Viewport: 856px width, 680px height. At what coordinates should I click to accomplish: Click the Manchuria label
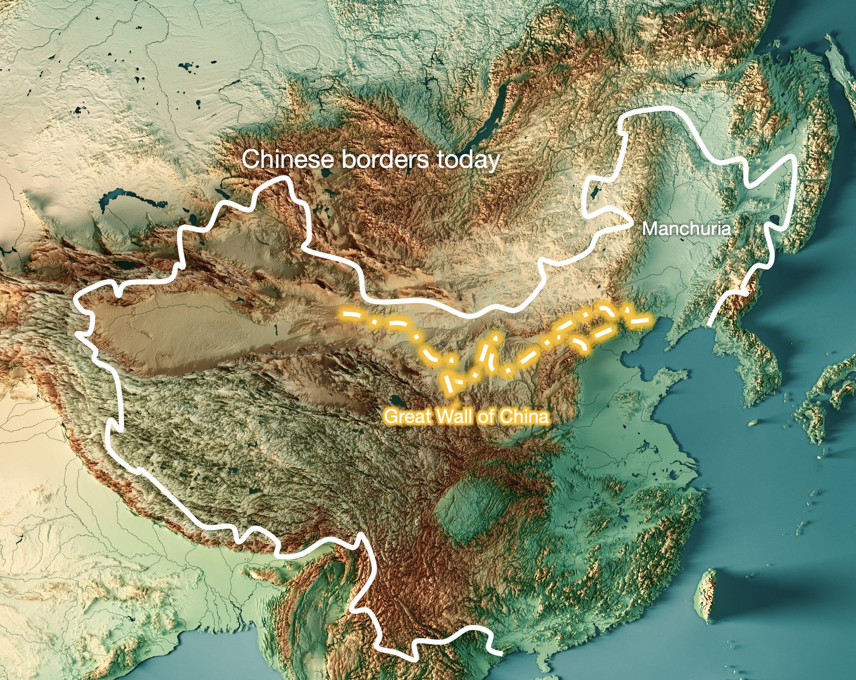(x=686, y=229)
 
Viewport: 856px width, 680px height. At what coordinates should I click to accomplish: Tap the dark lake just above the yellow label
(x=397, y=402)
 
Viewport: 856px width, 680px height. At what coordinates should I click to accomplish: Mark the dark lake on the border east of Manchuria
(x=775, y=221)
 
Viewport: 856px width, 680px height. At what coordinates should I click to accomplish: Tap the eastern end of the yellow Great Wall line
(x=649, y=319)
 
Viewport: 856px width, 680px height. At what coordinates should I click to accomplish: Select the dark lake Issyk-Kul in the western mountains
(x=124, y=264)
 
